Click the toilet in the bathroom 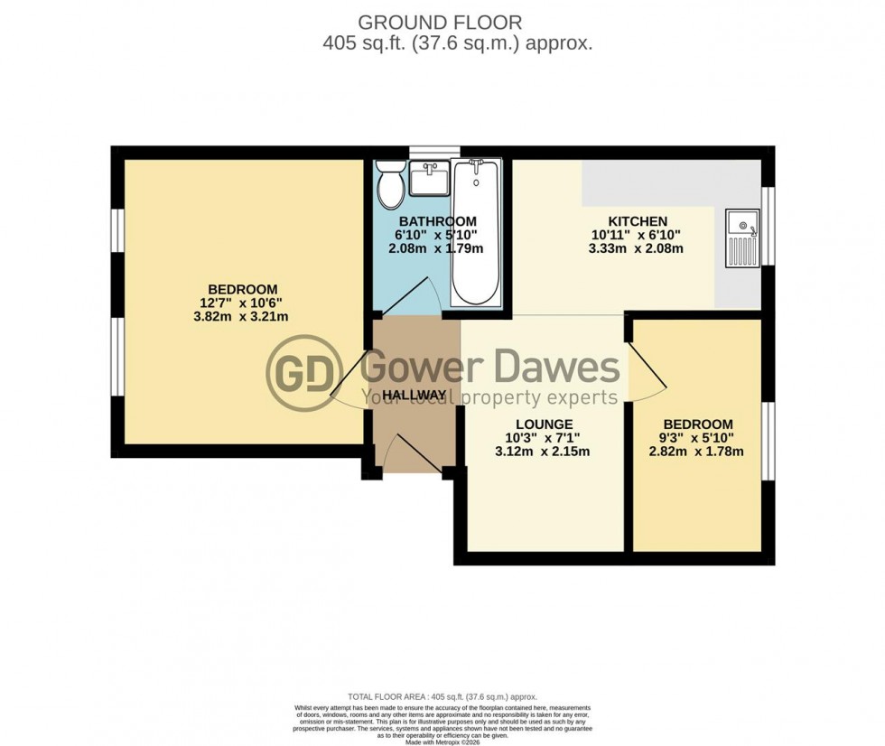(391, 185)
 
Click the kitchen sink (742, 237)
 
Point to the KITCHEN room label (637, 221)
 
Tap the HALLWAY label (414, 396)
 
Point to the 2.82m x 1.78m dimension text (697, 452)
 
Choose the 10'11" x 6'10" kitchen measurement (637, 235)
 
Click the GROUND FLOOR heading (440, 22)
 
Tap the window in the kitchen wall (768, 226)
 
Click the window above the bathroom (434, 152)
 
